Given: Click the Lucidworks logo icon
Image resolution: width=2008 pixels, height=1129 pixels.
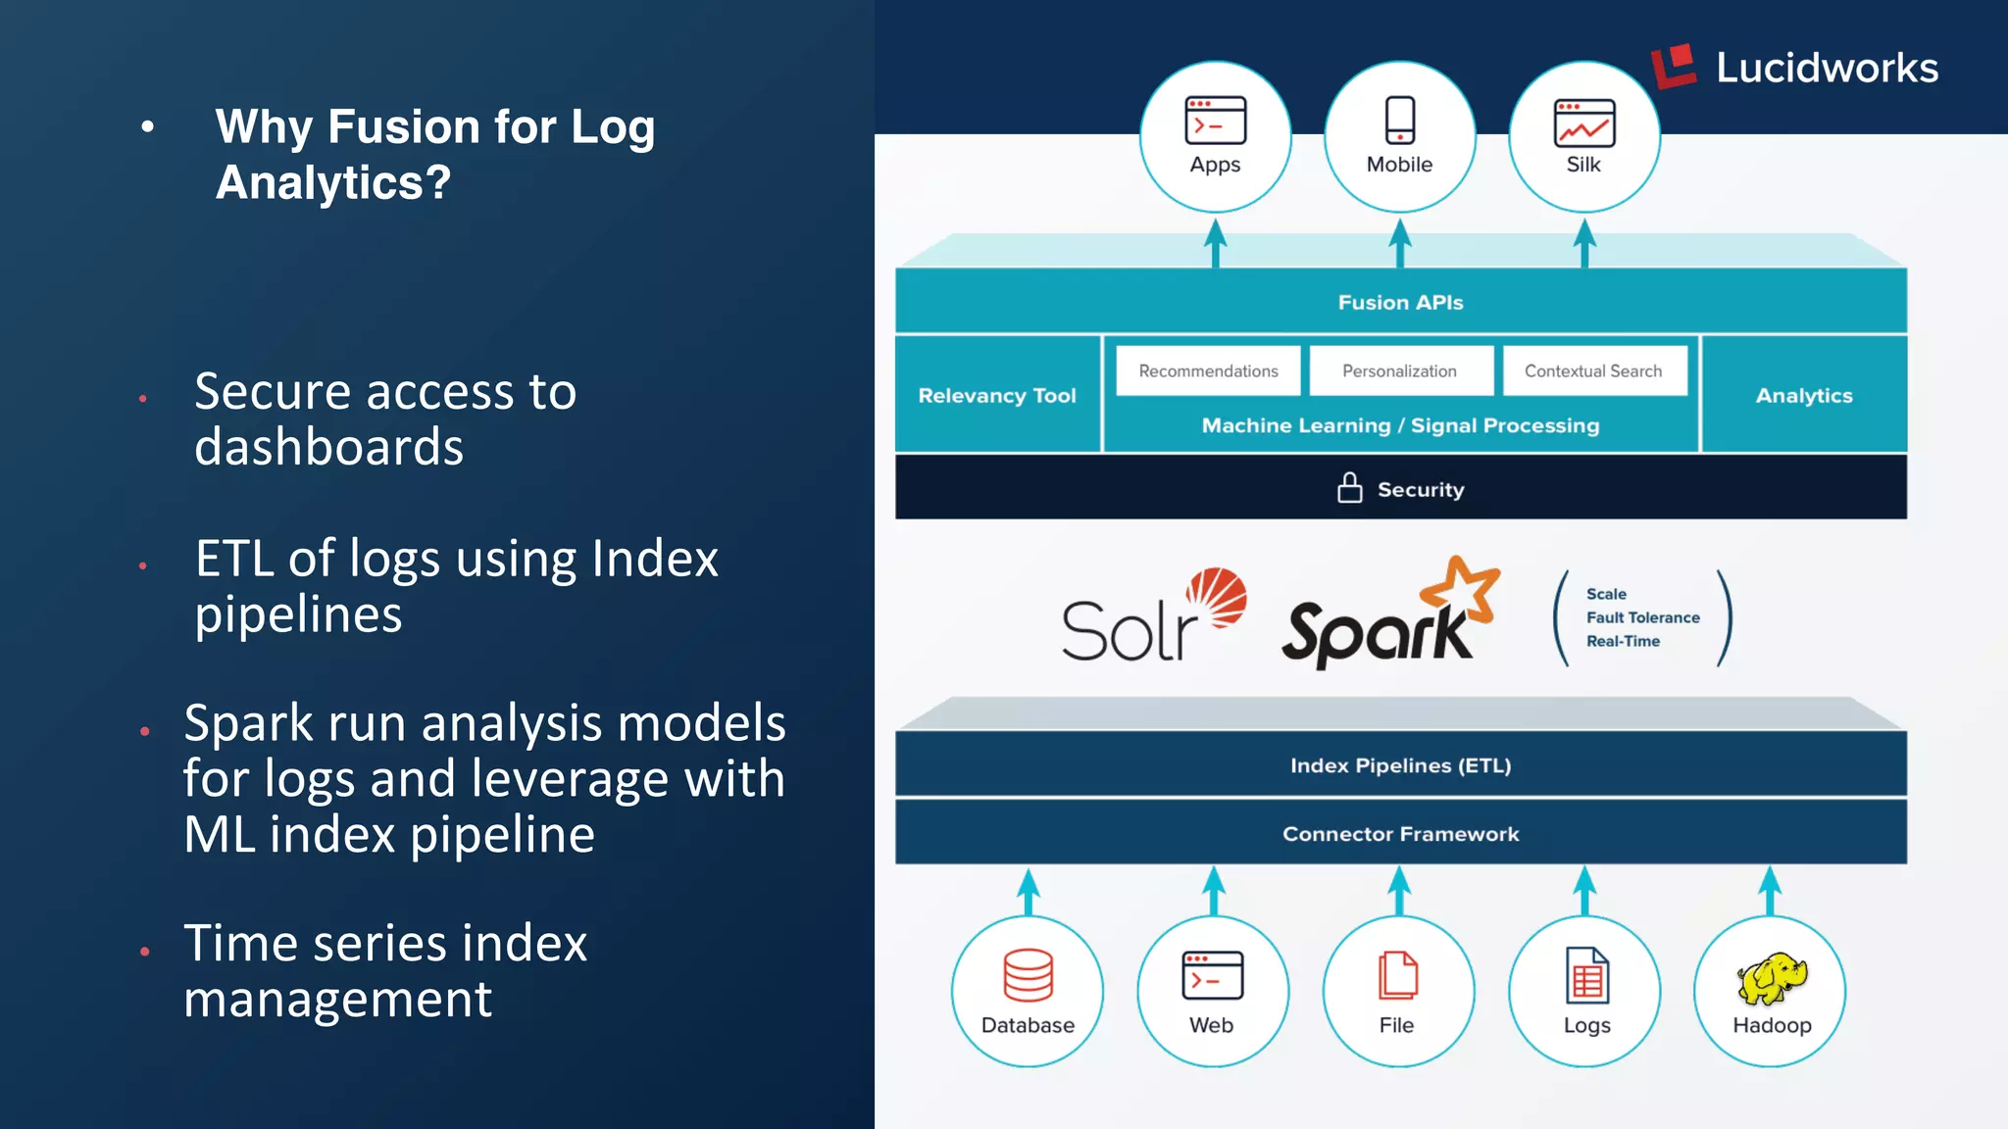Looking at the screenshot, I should pyautogui.click(x=1674, y=66).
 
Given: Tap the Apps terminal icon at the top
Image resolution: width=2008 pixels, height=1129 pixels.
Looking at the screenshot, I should pyautogui.click(x=1215, y=121).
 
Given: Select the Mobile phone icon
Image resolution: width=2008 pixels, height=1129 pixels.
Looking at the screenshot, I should pyautogui.click(x=1399, y=121).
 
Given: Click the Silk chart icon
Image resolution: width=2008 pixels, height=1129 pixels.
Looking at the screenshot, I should pyautogui.click(x=1583, y=123).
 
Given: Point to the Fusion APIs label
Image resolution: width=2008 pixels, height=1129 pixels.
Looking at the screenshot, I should pyautogui.click(x=1400, y=303).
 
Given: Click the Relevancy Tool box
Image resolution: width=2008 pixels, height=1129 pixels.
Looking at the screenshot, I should pyautogui.click(x=997, y=395).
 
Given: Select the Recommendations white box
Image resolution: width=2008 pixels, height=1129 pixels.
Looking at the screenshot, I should pyautogui.click(x=1208, y=371).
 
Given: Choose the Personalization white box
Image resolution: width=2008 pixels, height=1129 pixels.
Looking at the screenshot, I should pyautogui.click(x=1399, y=371).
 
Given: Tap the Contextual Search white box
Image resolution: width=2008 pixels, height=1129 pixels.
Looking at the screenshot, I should pyautogui.click(x=1593, y=371).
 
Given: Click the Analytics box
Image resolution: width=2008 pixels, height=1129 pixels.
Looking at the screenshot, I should pyautogui.click(x=1804, y=395).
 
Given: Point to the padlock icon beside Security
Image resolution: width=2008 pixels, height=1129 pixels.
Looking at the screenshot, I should pyautogui.click(x=1350, y=488).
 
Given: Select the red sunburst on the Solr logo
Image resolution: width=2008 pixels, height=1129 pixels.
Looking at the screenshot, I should pyautogui.click(x=1217, y=595).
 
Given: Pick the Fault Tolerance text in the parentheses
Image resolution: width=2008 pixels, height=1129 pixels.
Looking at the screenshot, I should pyautogui.click(x=1642, y=617).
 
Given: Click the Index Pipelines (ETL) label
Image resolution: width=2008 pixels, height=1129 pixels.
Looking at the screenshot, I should pyautogui.click(x=1400, y=765).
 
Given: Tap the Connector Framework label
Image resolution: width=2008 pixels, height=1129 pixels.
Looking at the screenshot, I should pyautogui.click(x=1400, y=834).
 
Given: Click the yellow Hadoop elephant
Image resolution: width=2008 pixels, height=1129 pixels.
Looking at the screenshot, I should pyautogui.click(x=1772, y=978).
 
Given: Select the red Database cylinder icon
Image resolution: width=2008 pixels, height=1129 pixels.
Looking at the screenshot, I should pyautogui.click(x=1028, y=975).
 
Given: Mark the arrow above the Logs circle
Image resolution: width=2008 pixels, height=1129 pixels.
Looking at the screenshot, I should pyautogui.click(x=1584, y=890).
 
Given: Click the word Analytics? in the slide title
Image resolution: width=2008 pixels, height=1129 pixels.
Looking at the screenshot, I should pyautogui.click(x=333, y=183).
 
